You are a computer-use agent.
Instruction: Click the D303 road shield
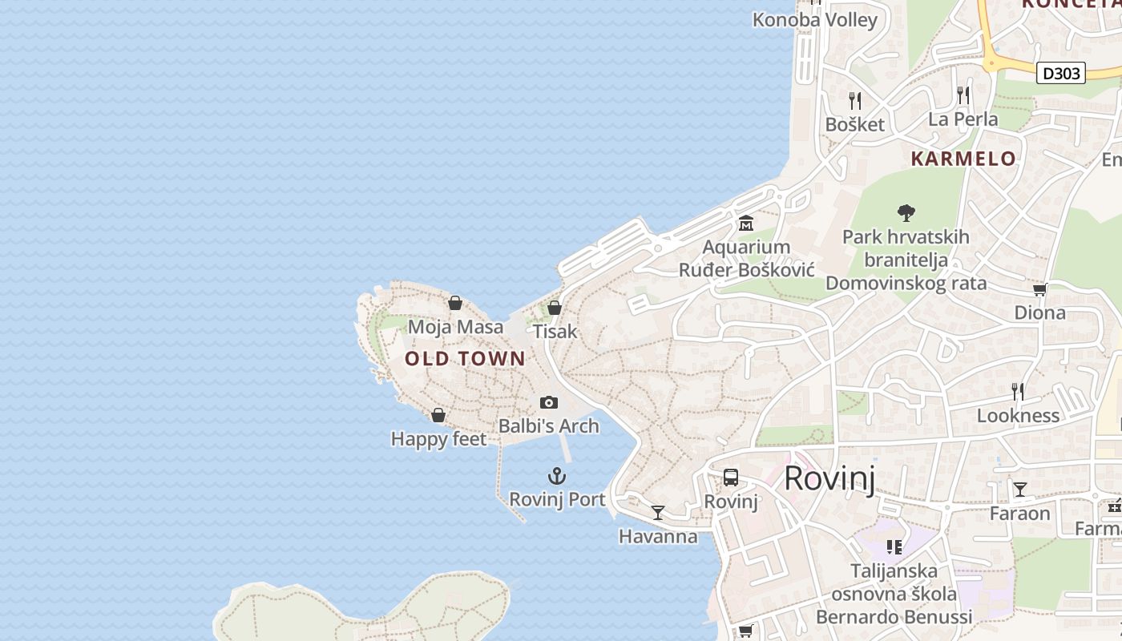pos(1060,74)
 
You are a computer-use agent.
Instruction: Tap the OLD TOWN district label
pos(465,359)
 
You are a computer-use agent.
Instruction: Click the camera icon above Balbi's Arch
pos(549,402)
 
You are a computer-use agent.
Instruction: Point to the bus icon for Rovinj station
pos(731,478)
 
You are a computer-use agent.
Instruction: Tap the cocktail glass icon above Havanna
pos(658,513)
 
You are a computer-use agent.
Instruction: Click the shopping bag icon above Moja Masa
pos(455,303)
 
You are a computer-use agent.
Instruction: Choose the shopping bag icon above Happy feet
pos(438,415)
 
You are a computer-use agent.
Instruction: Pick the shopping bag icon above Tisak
pos(554,308)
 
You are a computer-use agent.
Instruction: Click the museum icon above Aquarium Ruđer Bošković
pos(746,223)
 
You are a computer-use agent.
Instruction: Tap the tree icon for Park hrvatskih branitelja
pos(906,213)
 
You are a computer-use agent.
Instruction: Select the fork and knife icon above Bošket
pos(855,100)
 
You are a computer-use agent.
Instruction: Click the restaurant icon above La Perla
pos(963,95)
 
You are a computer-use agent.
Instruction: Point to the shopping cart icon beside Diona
pos(1039,289)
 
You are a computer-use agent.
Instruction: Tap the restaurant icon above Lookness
pos(1018,391)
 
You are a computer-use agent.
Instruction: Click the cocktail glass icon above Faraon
pos(1019,489)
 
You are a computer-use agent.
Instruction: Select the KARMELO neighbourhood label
pos(963,159)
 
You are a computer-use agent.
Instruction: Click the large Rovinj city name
pos(829,478)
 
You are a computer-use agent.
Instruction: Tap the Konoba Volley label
pos(815,20)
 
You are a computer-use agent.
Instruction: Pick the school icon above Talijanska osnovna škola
pos(894,547)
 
